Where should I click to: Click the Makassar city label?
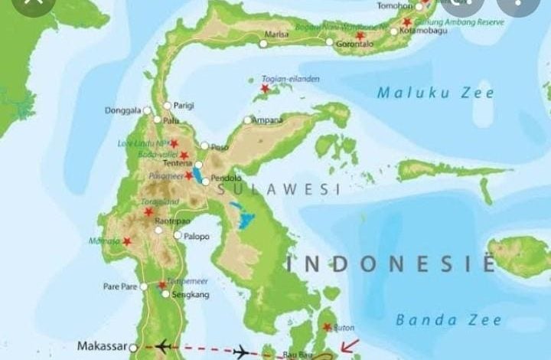pyautogui.click(x=102, y=346)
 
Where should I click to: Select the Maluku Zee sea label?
pyautogui.click(x=435, y=93)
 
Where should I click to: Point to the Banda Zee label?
pyautogui.click(x=448, y=320)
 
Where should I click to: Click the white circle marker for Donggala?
pyautogui.click(x=148, y=111)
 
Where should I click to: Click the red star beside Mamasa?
pyautogui.click(x=127, y=241)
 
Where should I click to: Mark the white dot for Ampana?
pyautogui.click(x=247, y=120)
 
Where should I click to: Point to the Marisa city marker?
pyautogui.click(x=264, y=44)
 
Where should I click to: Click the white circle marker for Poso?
pyautogui.click(x=204, y=146)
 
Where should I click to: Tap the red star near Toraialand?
pyautogui.click(x=148, y=212)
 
